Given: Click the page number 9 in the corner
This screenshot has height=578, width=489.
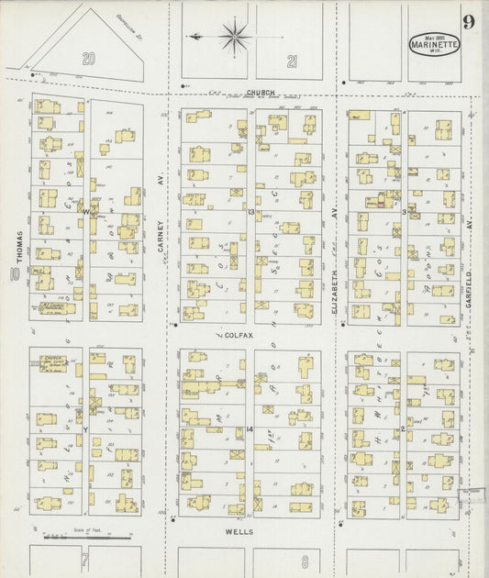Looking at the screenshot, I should [x=469, y=22].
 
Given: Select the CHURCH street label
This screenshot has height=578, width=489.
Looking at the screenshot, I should [x=261, y=93].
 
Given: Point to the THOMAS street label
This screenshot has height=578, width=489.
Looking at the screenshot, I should [x=17, y=244].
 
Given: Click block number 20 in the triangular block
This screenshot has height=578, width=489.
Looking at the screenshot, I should [x=89, y=59].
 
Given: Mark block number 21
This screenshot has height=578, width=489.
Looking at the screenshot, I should [x=292, y=61].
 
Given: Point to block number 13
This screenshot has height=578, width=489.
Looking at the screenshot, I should [x=250, y=211].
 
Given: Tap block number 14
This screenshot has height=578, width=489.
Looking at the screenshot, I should [x=250, y=428].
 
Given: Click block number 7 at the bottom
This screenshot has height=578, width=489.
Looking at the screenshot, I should [x=84, y=558].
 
